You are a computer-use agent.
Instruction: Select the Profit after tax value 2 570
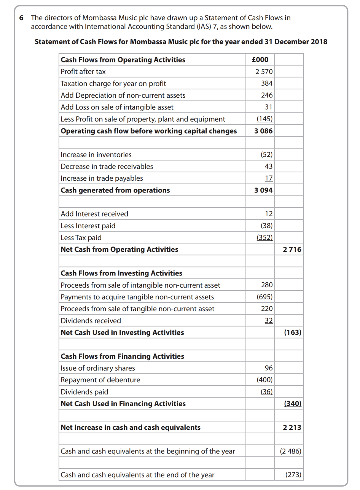click(x=264, y=72)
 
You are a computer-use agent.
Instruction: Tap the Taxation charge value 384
click(x=267, y=83)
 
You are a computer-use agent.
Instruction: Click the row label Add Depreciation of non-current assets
click(x=123, y=95)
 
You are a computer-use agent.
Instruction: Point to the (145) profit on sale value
click(x=264, y=119)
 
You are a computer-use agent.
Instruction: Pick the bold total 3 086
click(x=263, y=131)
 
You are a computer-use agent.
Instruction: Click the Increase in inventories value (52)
click(x=266, y=154)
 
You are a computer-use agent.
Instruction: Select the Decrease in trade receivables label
click(x=107, y=166)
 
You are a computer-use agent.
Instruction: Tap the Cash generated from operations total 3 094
click(x=263, y=190)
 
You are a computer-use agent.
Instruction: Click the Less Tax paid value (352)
click(x=264, y=238)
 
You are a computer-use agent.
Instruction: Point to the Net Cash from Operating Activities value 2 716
click(x=292, y=250)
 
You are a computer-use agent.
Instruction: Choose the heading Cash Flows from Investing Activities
click(x=121, y=273)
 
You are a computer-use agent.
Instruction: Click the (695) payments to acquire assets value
click(x=264, y=297)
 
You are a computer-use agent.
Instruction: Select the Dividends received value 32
click(x=269, y=321)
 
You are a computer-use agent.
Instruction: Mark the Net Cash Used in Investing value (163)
click(x=293, y=332)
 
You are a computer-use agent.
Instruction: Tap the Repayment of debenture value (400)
click(x=264, y=380)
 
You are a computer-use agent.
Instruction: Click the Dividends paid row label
click(x=84, y=392)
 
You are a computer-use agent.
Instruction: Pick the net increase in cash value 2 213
click(x=292, y=428)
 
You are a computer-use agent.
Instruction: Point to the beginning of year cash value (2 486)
click(x=290, y=451)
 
